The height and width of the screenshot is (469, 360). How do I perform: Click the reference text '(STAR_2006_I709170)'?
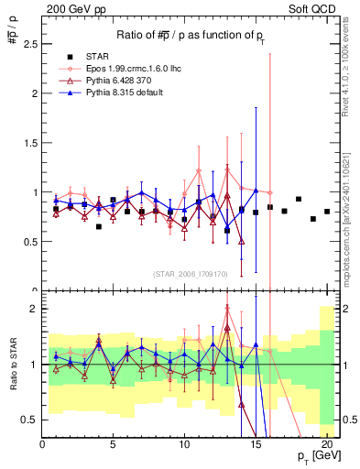pyautogui.click(x=191, y=274)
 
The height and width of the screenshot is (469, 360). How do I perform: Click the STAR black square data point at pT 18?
pyautogui.click(x=299, y=199)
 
